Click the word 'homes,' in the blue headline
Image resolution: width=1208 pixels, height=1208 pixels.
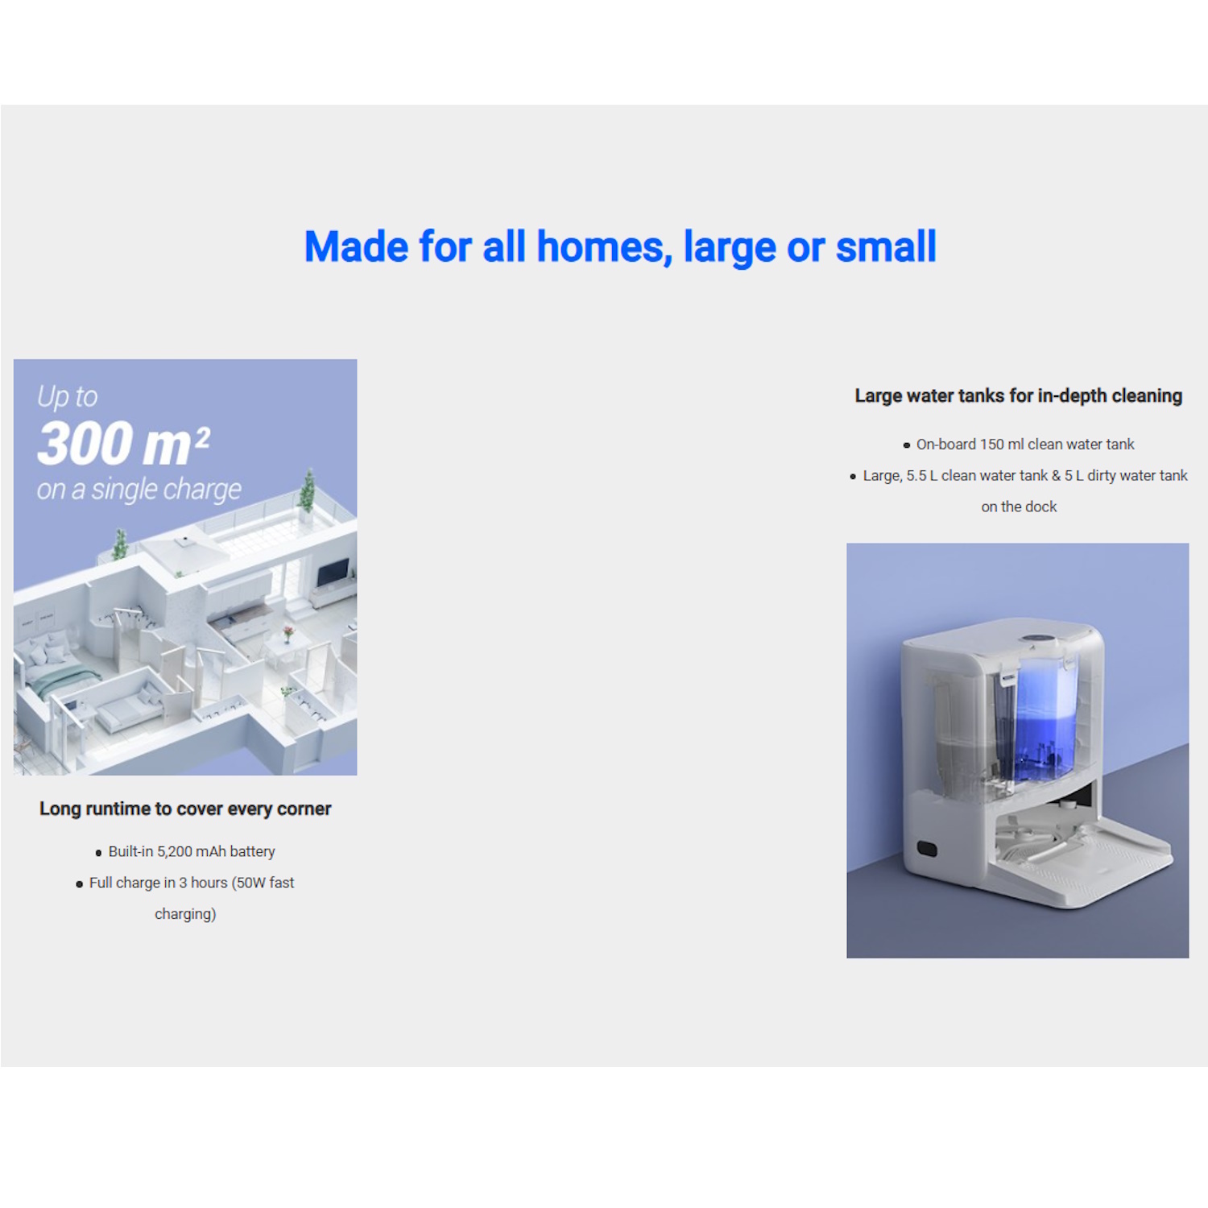(604, 246)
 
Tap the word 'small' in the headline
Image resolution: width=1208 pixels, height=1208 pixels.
(886, 246)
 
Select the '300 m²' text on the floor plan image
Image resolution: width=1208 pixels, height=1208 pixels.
(124, 443)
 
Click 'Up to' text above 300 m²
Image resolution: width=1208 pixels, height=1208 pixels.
(68, 396)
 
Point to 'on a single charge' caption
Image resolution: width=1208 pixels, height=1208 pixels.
(139, 489)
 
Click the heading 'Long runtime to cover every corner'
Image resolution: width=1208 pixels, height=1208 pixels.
(185, 809)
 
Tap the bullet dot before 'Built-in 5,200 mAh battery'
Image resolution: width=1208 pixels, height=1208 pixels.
(99, 853)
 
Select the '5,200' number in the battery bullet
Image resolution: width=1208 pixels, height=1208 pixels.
(175, 851)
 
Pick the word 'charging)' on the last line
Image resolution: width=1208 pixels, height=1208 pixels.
(185, 914)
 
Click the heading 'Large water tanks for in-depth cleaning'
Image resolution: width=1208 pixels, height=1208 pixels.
(1019, 395)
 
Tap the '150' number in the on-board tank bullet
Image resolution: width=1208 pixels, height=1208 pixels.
(991, 444)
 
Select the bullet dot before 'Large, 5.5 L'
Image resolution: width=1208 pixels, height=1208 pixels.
(853, 477)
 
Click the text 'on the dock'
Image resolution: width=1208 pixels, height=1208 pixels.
(1019, 507)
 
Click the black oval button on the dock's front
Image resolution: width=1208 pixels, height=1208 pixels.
(927, 849)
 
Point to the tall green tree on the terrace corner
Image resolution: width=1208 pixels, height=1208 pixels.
(307, 490)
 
